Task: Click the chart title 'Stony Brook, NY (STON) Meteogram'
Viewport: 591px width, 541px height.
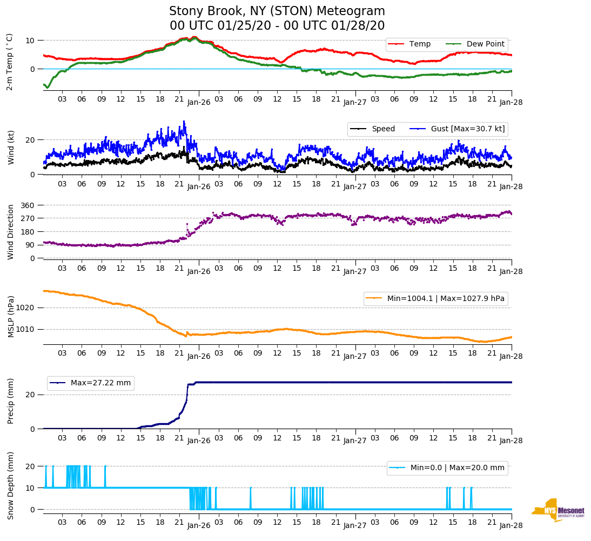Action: [277, 11]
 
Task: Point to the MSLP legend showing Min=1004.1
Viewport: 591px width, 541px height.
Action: [436, 298]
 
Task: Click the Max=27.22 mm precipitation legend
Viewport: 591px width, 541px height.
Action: [100, 383]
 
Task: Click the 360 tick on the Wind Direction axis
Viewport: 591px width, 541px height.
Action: [29, 205]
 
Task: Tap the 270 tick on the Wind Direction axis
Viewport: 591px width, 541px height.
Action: [29, 218]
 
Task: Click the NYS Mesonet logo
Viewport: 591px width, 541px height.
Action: [558, 510]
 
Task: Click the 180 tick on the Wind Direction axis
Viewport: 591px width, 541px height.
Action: [29, 232]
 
